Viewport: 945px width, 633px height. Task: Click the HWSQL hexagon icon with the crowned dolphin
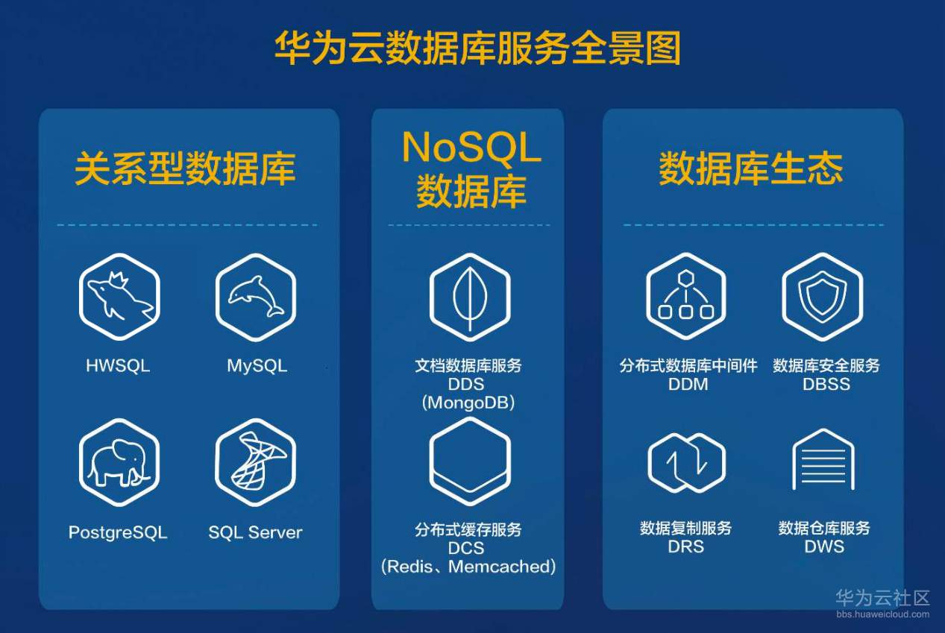(119, 297)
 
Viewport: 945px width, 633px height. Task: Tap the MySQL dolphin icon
(256, 297)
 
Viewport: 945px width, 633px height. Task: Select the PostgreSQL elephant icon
(119, 462)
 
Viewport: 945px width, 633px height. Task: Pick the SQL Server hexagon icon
(256, 462)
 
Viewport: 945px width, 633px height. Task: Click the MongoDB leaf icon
(470, 297)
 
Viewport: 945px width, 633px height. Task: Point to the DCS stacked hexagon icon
(470, 462)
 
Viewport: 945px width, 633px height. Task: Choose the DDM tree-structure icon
(686, 296)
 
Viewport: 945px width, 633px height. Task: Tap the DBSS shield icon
(822, 296)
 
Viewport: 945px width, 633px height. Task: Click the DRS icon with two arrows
(686, 462)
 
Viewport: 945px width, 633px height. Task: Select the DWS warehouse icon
(823, 460)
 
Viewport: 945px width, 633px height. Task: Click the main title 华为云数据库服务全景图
(477, 48)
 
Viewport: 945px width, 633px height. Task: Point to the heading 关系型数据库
(185, 169)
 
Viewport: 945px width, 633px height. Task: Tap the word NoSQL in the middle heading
(471, 147)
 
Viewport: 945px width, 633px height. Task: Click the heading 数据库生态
(751, 169)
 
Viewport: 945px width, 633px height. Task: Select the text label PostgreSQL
(118, 532)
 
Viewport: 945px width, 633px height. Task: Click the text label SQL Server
(255, 532)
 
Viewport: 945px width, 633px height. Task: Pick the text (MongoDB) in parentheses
(468, 403)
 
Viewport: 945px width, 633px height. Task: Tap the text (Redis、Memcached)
(468, 567)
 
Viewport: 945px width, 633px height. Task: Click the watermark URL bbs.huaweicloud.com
(883, 614)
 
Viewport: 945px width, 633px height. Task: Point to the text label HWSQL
(118, 365)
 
